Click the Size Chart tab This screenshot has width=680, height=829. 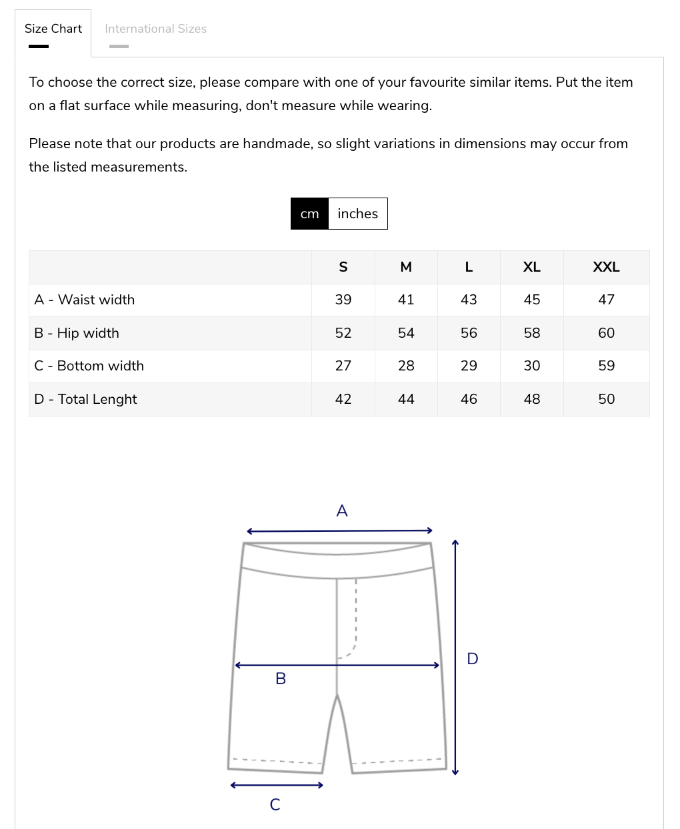point(53,29)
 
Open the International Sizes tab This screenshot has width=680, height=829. point(155,29)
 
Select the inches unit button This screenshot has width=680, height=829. point(357,214)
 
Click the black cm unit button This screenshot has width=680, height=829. point(309,214)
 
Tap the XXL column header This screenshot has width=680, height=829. point(606,267)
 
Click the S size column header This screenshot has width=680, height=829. point(343,267)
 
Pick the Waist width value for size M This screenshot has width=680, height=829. point(406,300)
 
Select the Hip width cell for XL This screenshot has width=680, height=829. point(532,333)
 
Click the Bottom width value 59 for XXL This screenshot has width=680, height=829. point(606,366)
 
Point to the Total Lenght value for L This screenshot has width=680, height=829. point(469,399)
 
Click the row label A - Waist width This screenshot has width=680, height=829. point(85,300)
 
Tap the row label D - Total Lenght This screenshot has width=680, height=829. point(85,399)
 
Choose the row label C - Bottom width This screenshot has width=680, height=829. point(89,366)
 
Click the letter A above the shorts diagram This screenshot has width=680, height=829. point(342,511)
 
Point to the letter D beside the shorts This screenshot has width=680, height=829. point(473,659)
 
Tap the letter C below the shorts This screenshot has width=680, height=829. point(275,804)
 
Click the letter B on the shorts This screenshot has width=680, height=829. point(281,679)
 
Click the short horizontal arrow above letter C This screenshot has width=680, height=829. point(276,785)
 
